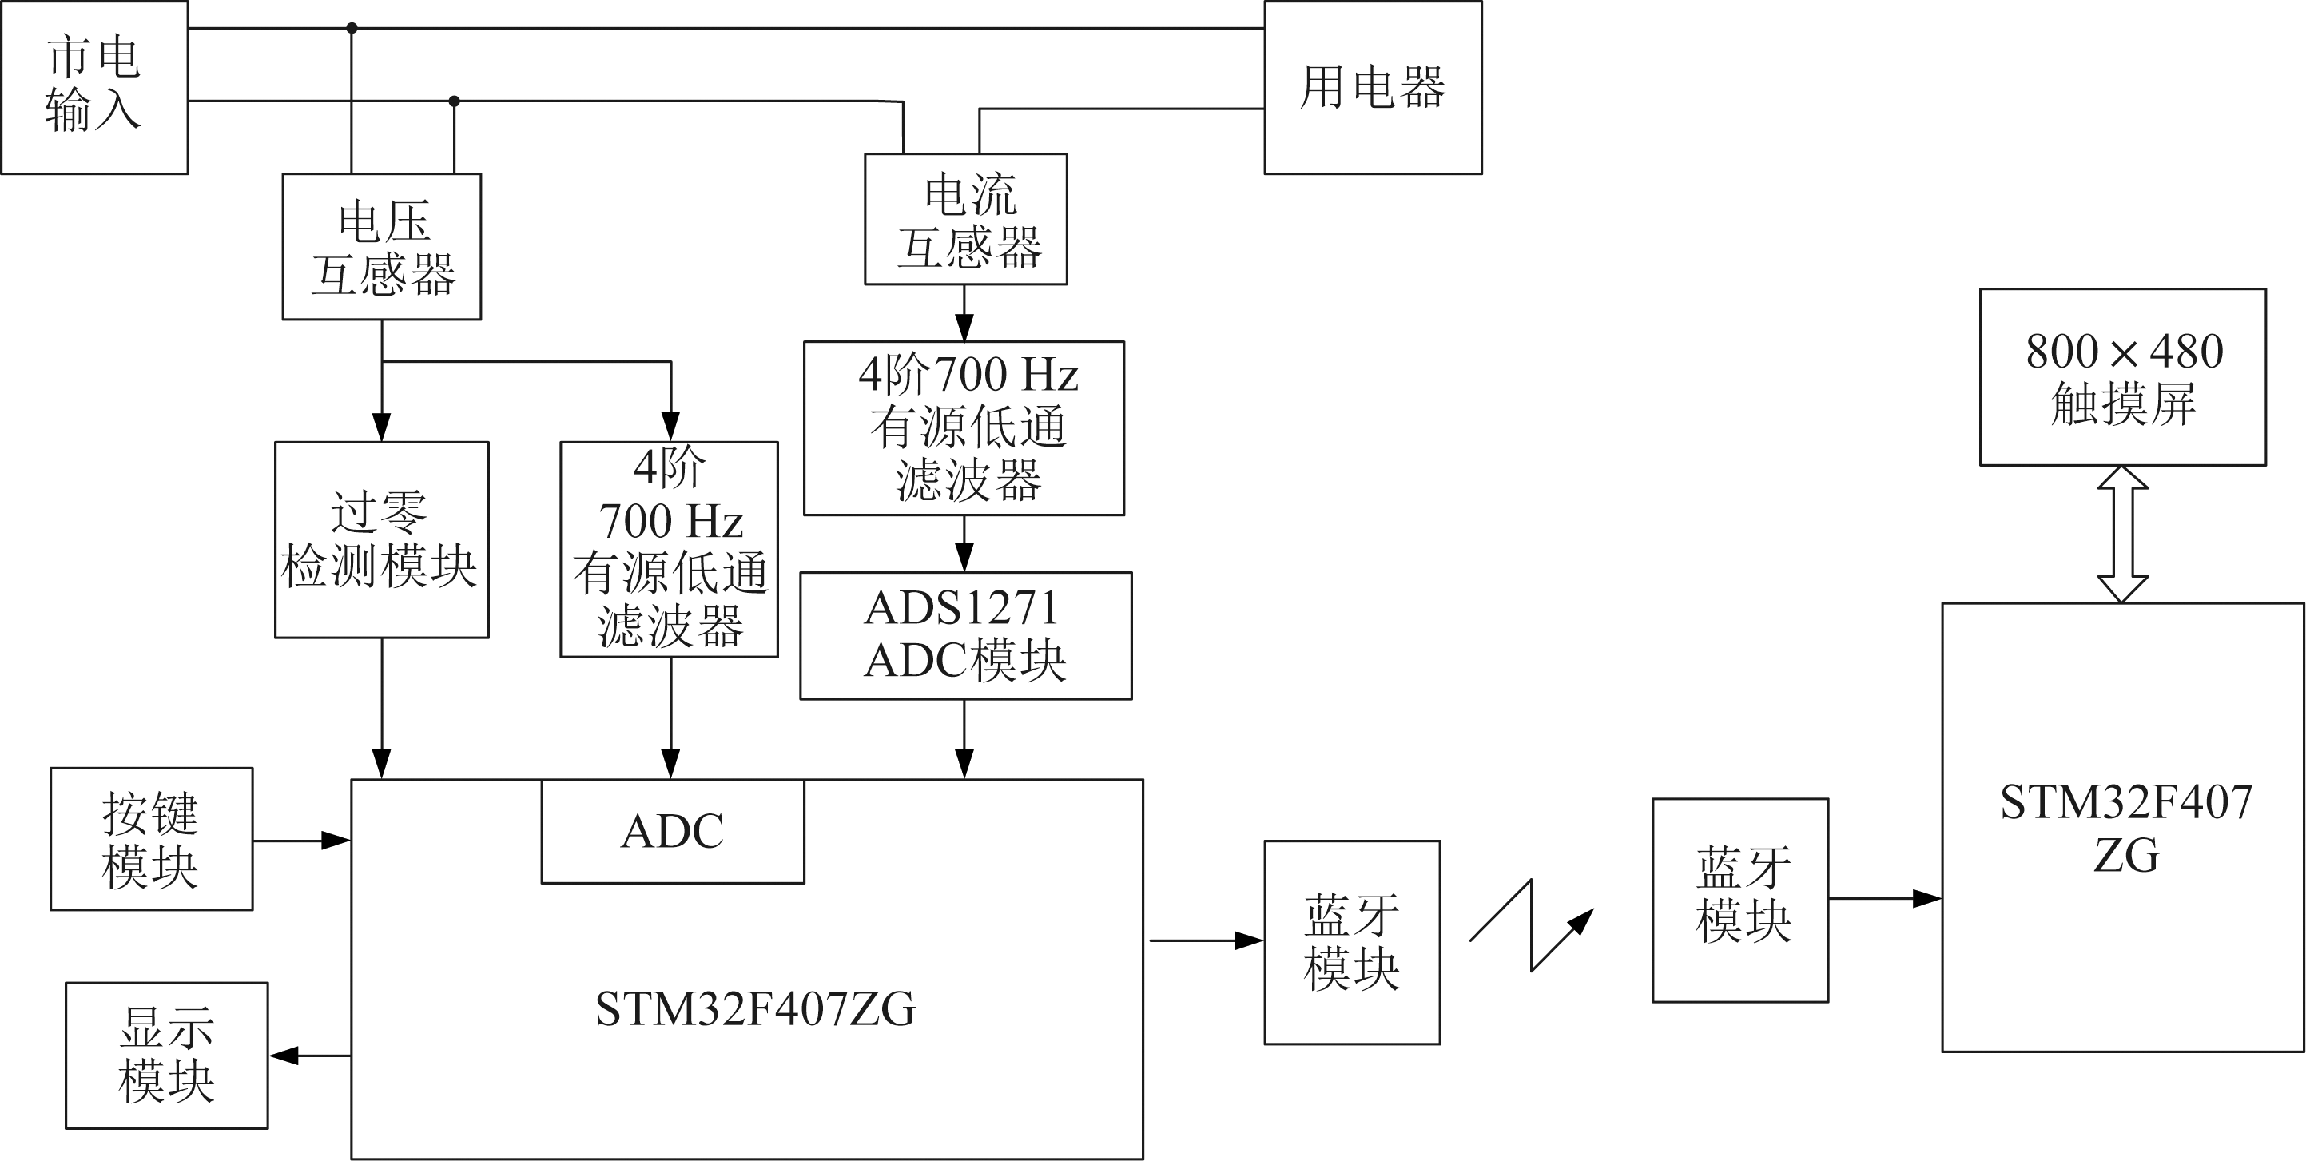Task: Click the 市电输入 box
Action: pyautogui.click(x=94, y=87)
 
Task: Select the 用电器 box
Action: pyautogui.click(x=1372, y=87)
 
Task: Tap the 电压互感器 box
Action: pyautogui.click(x=381, y=246)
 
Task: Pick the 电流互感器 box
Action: pyautogui.click(x=965, y=219)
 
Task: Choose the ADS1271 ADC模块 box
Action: pyautogui.click(x=965, y=635)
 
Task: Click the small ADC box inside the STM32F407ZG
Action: pyautogui.click(x=672, y=831)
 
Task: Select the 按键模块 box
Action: pyautogui.click(x=151, y=839)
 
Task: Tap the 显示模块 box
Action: pyautogui.click(x=166, y=1055)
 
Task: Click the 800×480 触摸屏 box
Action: pyautogui.click(x=2122, y=377)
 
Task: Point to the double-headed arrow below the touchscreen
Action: pyautogui.click(x=2122, y=534)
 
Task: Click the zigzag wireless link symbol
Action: pyautogui.click(x=1532, y=925)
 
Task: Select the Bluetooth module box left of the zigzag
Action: pyautogui.click(x=1352, y=942)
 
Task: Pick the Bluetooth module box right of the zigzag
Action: pyautogui.click(x=1739, y=900)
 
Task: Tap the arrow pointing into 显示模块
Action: pyautogui.click(x=309, y=1056)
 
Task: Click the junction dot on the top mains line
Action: pyautogui.click(x=352, y=29)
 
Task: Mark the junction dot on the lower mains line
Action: pyautogui.click(x=454, y=101)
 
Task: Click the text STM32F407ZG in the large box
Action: pyautogui.click(x=754, y=1010)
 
